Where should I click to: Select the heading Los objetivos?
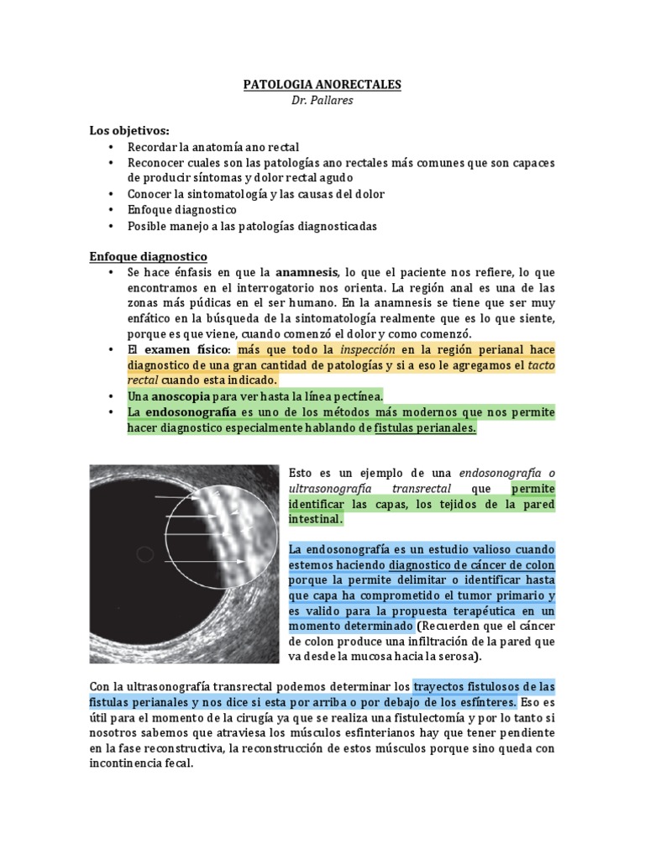(129, 131)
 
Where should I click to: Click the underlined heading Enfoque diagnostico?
(148, 255)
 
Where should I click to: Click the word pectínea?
(359, 395)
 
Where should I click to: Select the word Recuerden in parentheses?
(457, 626)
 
